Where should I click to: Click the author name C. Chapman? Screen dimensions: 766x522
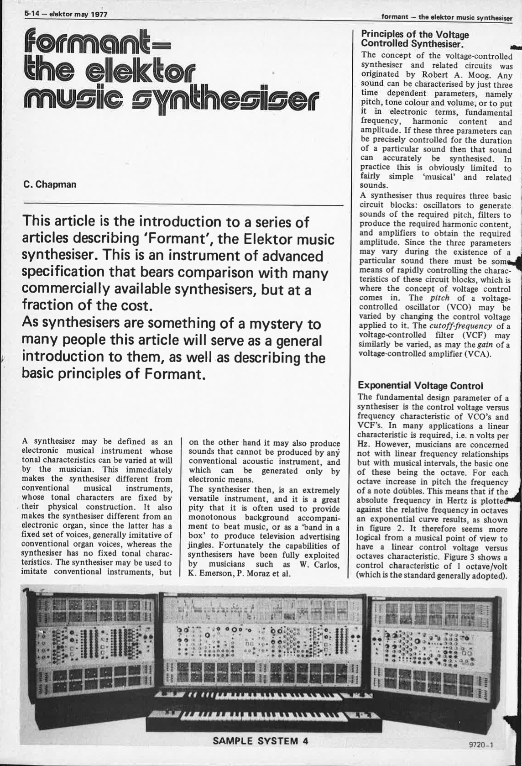click(x=50, y=185)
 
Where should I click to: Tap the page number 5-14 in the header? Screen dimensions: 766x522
click(x=32, y=14)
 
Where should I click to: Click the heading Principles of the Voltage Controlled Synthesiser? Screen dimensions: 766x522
click(x=414, y=39)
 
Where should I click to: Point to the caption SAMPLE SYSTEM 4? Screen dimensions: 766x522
click(x=261, y=740)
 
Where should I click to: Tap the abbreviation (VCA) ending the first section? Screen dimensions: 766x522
click(x=476, y=354)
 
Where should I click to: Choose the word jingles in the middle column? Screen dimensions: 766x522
click(x=201, y=546)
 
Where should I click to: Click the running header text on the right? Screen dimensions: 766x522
click(x=447, y=18)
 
